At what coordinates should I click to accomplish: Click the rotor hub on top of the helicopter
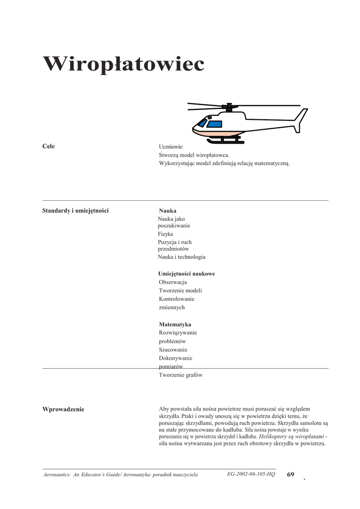pos(229,106)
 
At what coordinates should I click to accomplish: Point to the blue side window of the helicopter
pos(214,124)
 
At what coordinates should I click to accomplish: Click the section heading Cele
pos(49,146)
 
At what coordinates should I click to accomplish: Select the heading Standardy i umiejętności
pos(76,210)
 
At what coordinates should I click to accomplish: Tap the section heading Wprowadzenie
pos(64,409)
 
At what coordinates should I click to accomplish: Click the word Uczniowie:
pos(171,147)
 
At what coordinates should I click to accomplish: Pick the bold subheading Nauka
pos(168,210)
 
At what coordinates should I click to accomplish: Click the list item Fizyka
pos(166,234)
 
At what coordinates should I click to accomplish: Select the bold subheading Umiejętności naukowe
pos(186,274)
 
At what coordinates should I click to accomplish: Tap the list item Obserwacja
pos(173,282)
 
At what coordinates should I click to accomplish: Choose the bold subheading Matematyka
pos(175,324)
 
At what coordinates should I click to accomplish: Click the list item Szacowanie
pos(173,349)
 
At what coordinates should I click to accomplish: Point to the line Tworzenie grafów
pos(180,375)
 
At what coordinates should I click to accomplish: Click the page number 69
pos(290,474)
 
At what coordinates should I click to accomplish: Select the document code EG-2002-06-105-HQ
pos(251,474)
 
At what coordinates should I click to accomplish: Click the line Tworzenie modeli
pos(180,291)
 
